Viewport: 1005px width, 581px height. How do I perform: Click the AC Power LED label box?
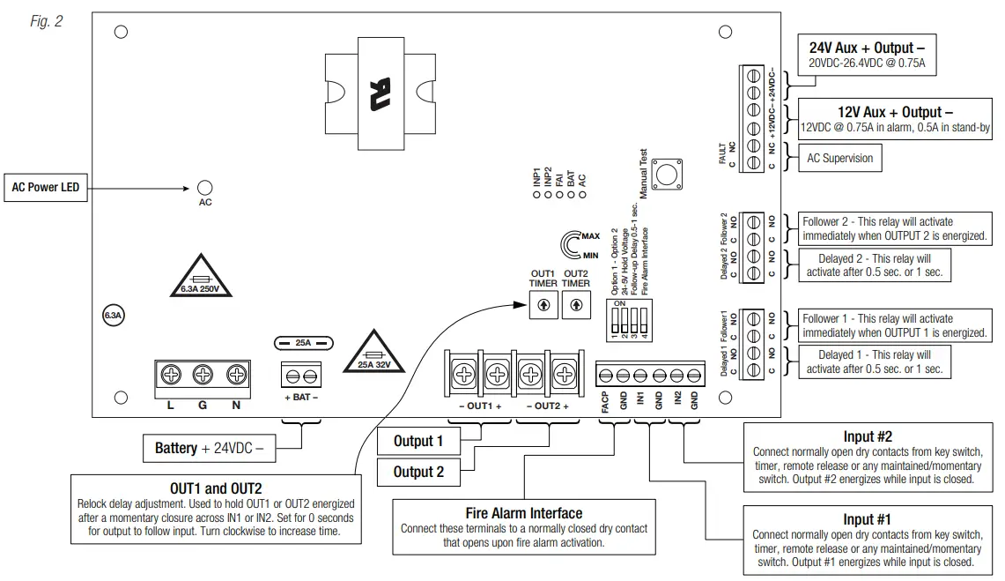[x=46, y=187]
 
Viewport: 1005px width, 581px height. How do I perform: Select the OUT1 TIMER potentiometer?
[x=543, y=305]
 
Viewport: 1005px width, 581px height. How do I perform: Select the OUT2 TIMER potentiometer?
[x=576, y=305]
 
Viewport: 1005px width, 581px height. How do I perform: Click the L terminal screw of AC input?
[x=171, y=375]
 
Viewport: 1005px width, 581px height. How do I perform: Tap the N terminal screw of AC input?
[x=235, y=375]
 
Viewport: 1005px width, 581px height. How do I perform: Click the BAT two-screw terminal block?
[x=302, y=377]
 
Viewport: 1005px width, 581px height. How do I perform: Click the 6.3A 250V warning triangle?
[x=200, y=280]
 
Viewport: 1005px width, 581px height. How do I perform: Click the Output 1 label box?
[x=418, y=441]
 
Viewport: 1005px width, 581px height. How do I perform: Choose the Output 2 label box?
[x=418, y=472]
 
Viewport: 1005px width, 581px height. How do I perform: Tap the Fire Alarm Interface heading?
[x=523, y=513]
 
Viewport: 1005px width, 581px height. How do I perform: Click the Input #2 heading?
[x=868, y=436]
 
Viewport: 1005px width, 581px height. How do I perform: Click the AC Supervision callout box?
[x=840, y=159]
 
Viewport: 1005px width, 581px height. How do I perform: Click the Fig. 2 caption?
[x=46, y=20]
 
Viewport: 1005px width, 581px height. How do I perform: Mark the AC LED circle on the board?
[x=204, y=188]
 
